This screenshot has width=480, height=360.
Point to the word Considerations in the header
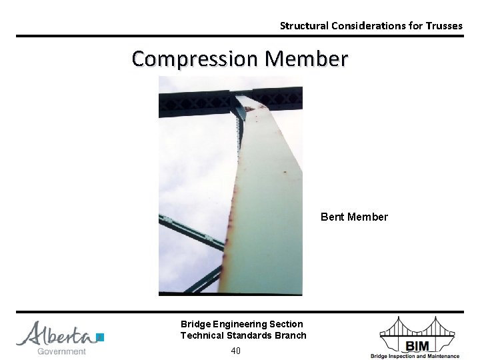[363, 26]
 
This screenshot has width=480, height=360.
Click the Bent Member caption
[354, 217]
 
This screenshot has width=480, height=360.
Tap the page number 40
[235, 351]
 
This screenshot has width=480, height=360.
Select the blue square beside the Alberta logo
[101, 337]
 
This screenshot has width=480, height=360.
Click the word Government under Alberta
[62, 351]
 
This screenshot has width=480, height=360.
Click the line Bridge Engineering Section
[241, 324]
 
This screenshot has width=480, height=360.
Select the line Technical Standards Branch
[243, 335]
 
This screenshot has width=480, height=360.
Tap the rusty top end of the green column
[252, 103]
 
